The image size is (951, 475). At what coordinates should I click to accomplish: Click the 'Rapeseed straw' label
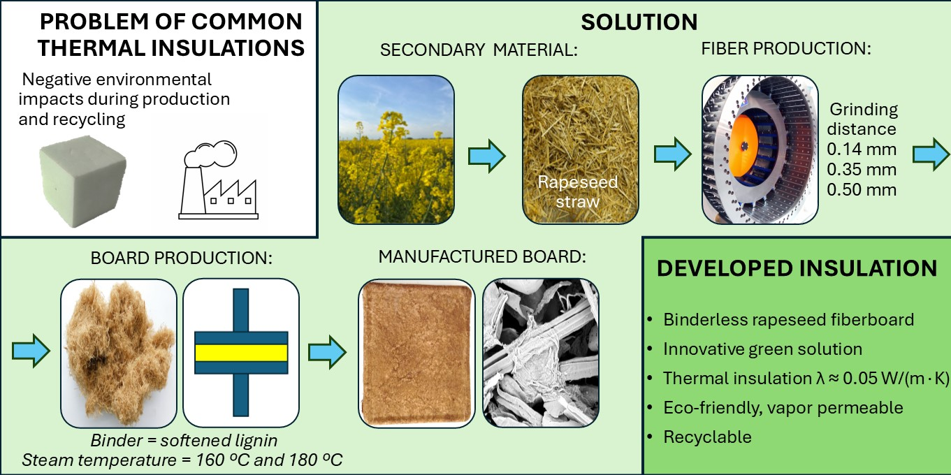coord(577,191)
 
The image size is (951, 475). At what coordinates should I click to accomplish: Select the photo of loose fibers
coord(118,353)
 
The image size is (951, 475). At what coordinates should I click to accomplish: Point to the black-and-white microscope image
coord(540,353)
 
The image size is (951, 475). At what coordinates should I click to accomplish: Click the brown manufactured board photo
coord(416,353)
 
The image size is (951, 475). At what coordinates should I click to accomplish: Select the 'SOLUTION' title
coord(639,22)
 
